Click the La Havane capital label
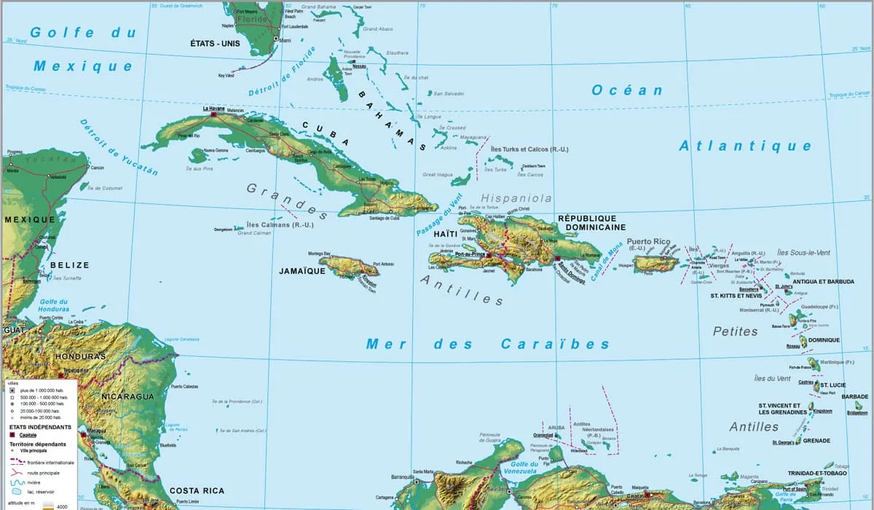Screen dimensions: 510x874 [x=213, y=108]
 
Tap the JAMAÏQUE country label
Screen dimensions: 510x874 [x=302, y=270]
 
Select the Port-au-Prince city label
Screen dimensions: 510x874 [x=470, y=254]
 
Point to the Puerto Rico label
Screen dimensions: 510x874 [x=648, y=241]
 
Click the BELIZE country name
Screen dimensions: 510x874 [x=69, y=265]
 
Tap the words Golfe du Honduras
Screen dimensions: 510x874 [x=53, y=307]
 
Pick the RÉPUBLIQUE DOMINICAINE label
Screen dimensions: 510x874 [x=591, y=222]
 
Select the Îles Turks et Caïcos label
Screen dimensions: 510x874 [x=529, y=149]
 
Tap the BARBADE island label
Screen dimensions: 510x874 [x=854, y=397]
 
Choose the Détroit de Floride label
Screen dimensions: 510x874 [x=280, y=73]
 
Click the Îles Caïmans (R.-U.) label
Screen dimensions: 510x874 [x=280, y=224]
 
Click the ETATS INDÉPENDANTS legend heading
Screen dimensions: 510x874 [x=40, y=427]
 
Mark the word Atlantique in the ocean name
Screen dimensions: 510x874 [x=745, y=146]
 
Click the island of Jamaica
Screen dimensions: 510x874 [x=349, y=267]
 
